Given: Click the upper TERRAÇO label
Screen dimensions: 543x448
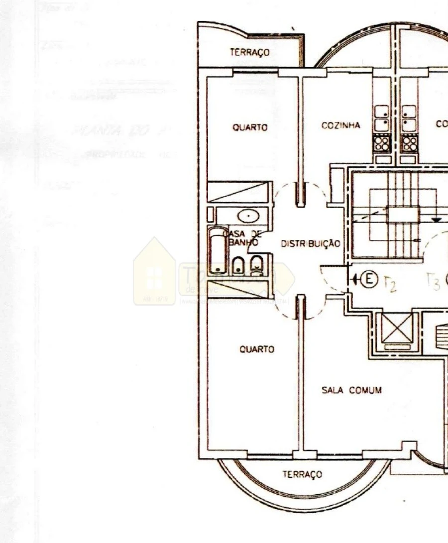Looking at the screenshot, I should click(x=249, y=52).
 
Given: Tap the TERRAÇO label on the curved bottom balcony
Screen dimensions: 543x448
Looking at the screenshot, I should click(x=302, y=474).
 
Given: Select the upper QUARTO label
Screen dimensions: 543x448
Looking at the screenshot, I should click(x=250, y=127).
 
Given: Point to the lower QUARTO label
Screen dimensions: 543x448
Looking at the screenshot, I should click(x=256, y=349).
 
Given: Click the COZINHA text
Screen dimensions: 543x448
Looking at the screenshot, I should click(x=340, y=125).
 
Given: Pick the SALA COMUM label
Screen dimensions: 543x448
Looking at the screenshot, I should click(x=351, y=390).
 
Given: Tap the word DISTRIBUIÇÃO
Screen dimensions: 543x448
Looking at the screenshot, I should click(x=311, y=244).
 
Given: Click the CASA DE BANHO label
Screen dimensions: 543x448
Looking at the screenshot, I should click(x=240, y=238).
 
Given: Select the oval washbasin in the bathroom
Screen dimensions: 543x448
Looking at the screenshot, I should click(x=246, y=217).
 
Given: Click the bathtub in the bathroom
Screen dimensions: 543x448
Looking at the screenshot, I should click(x=217, y=251).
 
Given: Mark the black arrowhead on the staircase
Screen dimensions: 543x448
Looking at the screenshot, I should click(x=436, y=219).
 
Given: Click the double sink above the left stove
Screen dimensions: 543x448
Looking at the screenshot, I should click(x=381, y=117).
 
